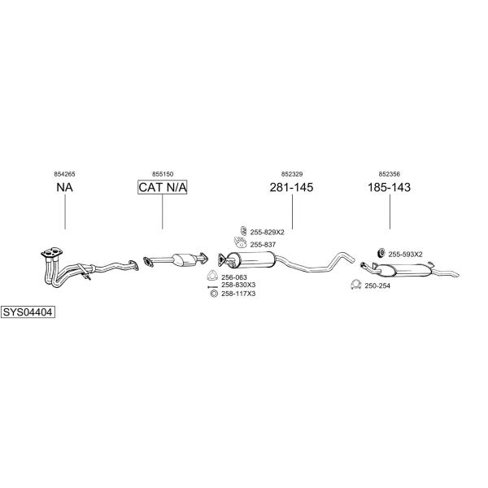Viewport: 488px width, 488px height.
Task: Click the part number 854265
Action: [x=64, y=174]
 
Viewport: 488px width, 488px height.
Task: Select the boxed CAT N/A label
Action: [x=162, y=187]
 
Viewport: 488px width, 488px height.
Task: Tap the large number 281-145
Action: [x=291, y=187]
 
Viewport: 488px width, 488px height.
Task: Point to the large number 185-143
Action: [x=389, y=187]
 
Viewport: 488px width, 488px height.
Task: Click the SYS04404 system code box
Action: [x=28, y=312]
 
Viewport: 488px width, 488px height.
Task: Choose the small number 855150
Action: [x=163, y=174]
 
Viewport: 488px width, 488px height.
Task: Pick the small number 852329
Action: [x=292, y=174]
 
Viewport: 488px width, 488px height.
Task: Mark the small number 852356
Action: [x=390, y=174]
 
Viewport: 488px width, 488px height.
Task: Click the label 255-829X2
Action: [x=267, y=232]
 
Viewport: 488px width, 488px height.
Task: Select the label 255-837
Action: [x=263, y=245]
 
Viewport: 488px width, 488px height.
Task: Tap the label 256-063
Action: [x=234, y=277]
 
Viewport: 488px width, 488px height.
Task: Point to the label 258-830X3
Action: [x=238, y=285]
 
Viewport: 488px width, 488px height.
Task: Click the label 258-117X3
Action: [x=238, y=294]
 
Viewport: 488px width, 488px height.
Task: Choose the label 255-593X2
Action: [x=405, y=255]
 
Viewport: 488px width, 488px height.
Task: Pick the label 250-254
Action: [x=377, y=285]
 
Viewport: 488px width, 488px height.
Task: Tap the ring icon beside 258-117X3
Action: [x=213, y=294]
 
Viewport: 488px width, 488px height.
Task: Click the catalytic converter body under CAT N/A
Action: [x=183, y=259]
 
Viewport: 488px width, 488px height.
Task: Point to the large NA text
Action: [x=65, y=187]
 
